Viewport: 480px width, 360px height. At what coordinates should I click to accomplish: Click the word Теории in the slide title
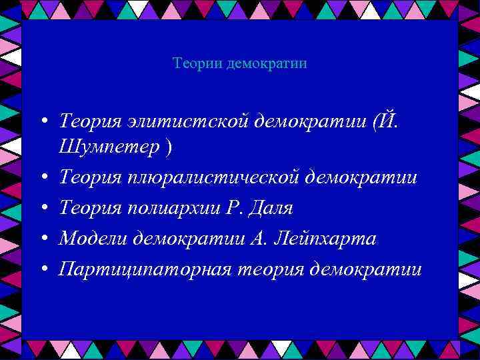tap(197, 64)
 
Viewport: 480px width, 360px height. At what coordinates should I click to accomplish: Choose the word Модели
tap(93, 239)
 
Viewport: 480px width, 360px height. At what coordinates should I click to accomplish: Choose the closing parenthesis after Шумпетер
tap(167, 147)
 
